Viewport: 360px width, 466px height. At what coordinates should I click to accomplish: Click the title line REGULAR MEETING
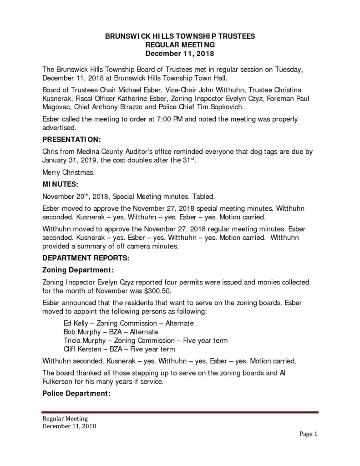[179, 45]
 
